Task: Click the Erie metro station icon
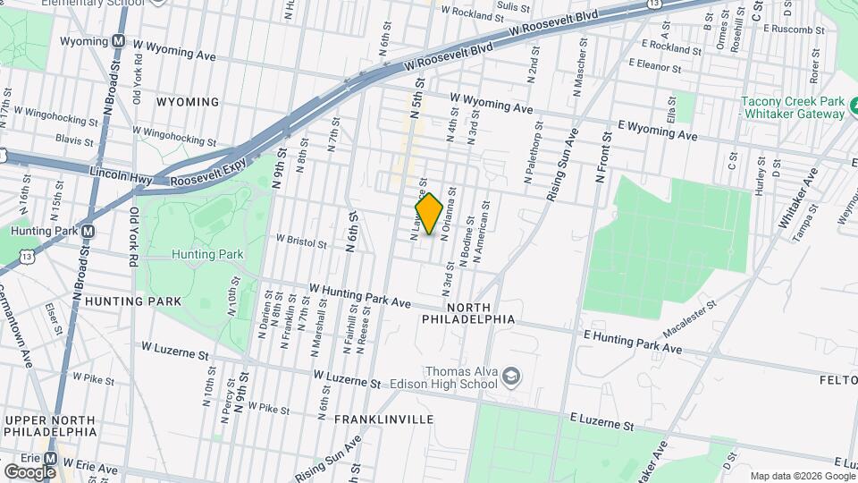pyautogui.click(x=51, y=457)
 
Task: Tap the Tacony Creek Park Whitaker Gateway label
pyautogui.click(x=793, y=107)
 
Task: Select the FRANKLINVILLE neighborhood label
pyautogui.click(x=383, y=419)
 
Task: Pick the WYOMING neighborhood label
pyautogui.click(x=187, y=102)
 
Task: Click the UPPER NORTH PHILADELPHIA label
pyautogui.click(x=49, y=426)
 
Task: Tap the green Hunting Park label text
pyautogui.click(x=206, y=254)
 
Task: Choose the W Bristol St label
pyautogui.click(x=305, y=240)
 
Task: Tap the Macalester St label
pyautogui.click(x=690, y=317)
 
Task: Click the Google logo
pyautogui.click(x=29, y=471)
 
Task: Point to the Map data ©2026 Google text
pyautogui.click(x=801, y=476)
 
